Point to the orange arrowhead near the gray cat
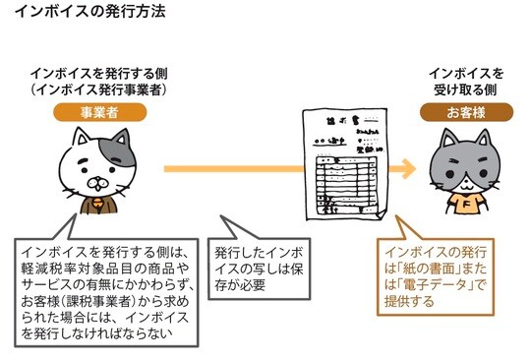403,169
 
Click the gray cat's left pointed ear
439,142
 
